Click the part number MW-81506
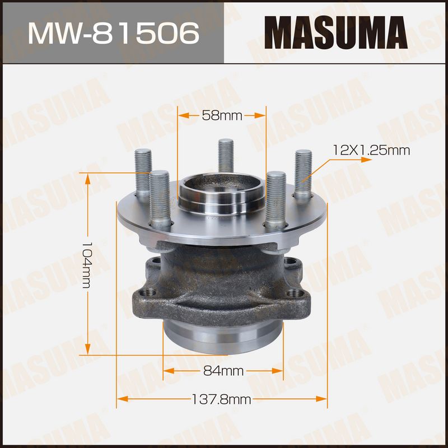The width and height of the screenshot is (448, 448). coord(114,33)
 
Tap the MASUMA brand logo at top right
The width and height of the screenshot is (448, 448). coord(335,32)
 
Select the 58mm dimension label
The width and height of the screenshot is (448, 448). coord(222,115)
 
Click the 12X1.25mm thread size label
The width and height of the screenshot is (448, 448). coord(371,150)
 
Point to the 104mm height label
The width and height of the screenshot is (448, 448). coord(87,265)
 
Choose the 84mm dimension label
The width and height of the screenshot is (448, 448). coord(223,371)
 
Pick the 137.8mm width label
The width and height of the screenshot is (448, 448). coord(221,399)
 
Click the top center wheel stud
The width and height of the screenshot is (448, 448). coord(226,156)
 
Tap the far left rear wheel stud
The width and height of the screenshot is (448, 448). coord(143,173)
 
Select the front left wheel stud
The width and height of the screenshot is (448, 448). coord(160,199)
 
